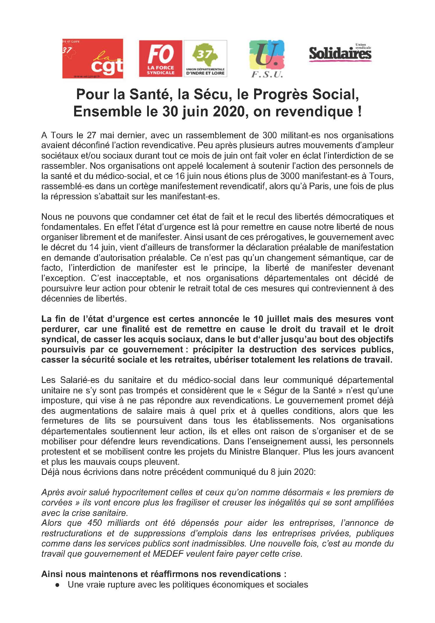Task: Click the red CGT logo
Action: (92, 58)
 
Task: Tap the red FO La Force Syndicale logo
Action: (161, 58)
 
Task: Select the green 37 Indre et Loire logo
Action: (205, 58)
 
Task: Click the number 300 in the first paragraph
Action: (270, 135)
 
